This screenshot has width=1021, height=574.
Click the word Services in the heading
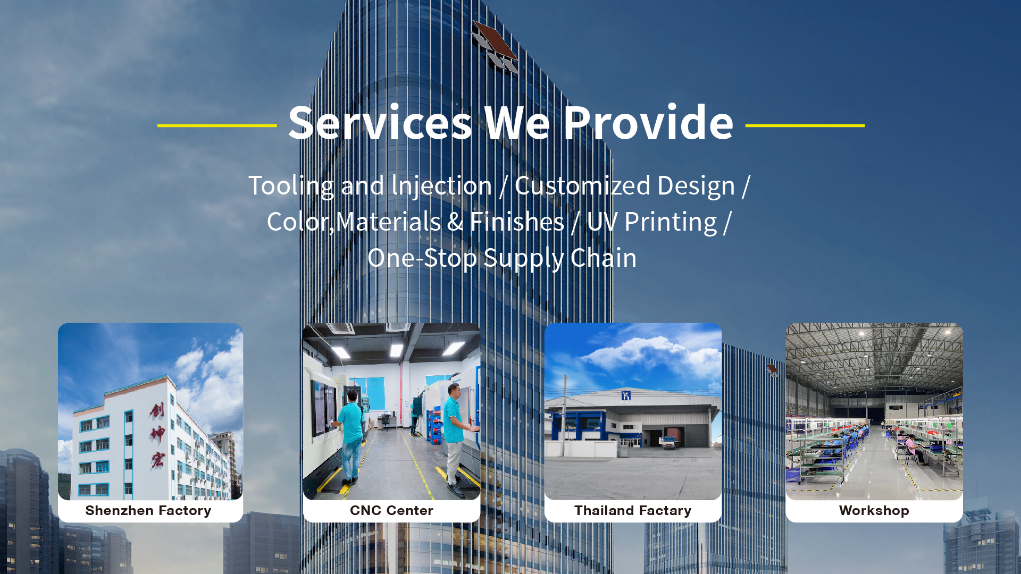[380, 123]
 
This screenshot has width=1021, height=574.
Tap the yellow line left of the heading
[217, 125]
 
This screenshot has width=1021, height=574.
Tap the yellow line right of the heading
[805, 125]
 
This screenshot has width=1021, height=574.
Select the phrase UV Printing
[652, 222]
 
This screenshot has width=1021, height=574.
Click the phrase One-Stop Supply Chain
[501, 258]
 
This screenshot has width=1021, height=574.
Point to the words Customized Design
[624, 186]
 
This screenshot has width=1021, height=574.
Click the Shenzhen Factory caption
[148, 511]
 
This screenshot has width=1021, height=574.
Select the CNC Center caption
[391, 511]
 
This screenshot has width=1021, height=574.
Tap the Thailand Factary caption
[633, 511]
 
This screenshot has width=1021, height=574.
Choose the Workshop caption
[874, 511]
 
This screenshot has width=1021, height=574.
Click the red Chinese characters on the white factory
[157, 434]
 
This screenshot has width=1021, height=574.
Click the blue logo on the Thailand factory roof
[626, 395]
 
